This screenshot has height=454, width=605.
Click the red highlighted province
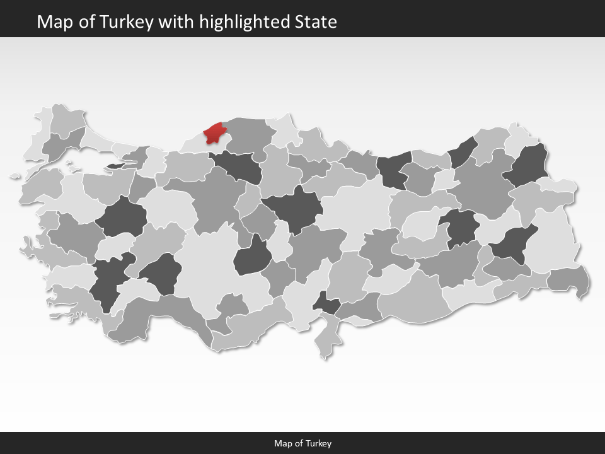click(x=214, y=133)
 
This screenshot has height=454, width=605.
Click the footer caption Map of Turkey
click(x=302, y=443)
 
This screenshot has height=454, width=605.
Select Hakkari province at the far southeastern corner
click(x=568, y=279)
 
